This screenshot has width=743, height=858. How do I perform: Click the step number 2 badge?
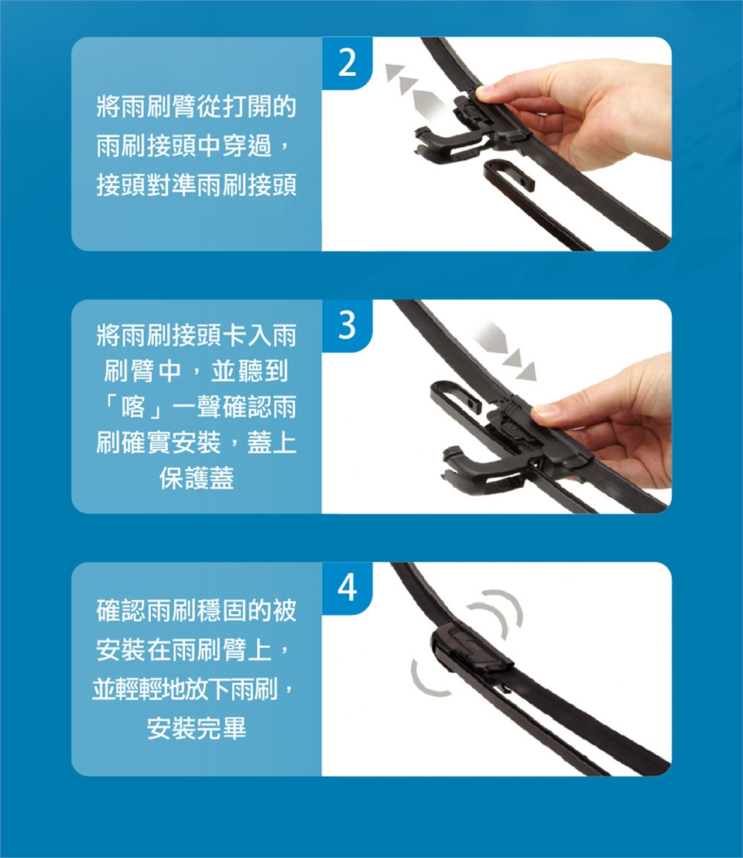pyautogui.click(x=348, y=63)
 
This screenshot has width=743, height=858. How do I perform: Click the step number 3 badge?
pyautogui.click(x=348, y=325)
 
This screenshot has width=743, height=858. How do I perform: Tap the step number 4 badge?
pyautogui.click(x=348, y=589)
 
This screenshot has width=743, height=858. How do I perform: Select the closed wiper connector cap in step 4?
pyautogui.click(x=471, y=648)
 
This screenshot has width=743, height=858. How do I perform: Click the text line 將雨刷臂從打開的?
pyautogui.click(x=197, y=106)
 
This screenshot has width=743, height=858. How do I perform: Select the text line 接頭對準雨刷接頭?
pyautogui.click(x=197, y=185)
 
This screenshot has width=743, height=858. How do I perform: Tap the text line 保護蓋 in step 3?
pyautogui.click(x=197, y=478)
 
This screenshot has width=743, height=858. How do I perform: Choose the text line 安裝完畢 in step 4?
pyautogui.click(x=197, y=729)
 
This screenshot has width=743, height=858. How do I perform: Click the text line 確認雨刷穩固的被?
pyautogui.click(x=197, y=611)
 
